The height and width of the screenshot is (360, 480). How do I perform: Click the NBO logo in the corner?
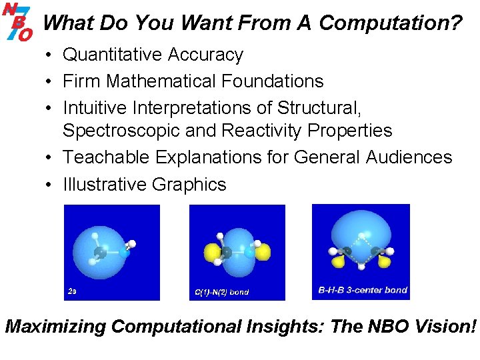[x=17, y=21]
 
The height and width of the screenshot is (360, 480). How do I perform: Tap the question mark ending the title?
[x=457, y=23]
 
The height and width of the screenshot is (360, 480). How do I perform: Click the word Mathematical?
[x=161, y=81]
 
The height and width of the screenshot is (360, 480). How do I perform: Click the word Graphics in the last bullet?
[x=189, y=184]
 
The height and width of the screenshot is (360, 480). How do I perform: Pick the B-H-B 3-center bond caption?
[x=363, y=290]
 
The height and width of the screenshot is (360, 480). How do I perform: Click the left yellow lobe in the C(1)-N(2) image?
[x=210, y=253]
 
